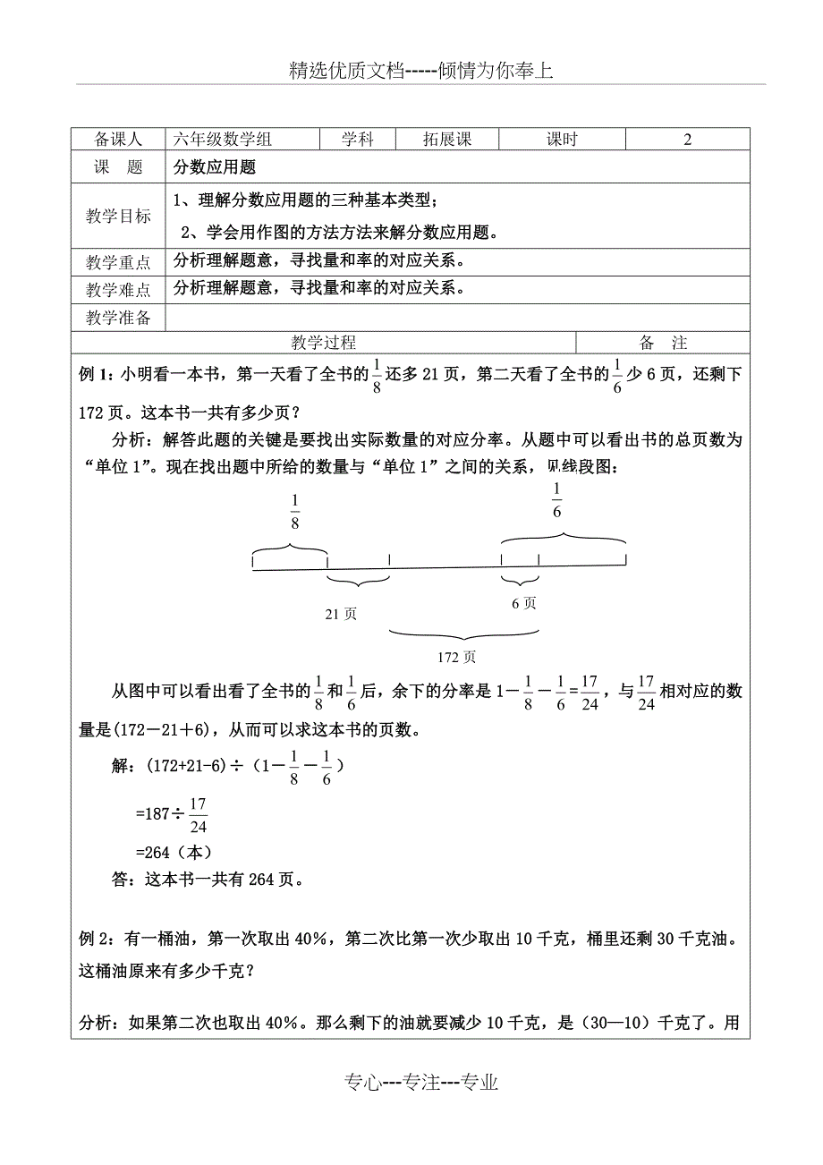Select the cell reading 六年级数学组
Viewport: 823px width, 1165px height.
pos(223,140)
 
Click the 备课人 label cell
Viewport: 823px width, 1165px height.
pos(118,140)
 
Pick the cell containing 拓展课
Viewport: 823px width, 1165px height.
pos(446,140)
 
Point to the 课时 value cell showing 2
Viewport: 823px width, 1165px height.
pos(687,140)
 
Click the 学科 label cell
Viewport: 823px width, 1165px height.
pos(357,140)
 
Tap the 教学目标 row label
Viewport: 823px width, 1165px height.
pos(118,216)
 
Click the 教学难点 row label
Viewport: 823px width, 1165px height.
pos(118,290)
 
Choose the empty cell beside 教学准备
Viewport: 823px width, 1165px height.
pos(457,318)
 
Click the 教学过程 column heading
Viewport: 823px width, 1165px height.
pos(324,343)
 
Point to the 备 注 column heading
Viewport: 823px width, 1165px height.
pos(663,343)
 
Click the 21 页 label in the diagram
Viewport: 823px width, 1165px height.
pos(341,614)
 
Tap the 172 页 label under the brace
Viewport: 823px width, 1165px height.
pos(457,658)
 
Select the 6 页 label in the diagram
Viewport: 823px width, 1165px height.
pos(524,603)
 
